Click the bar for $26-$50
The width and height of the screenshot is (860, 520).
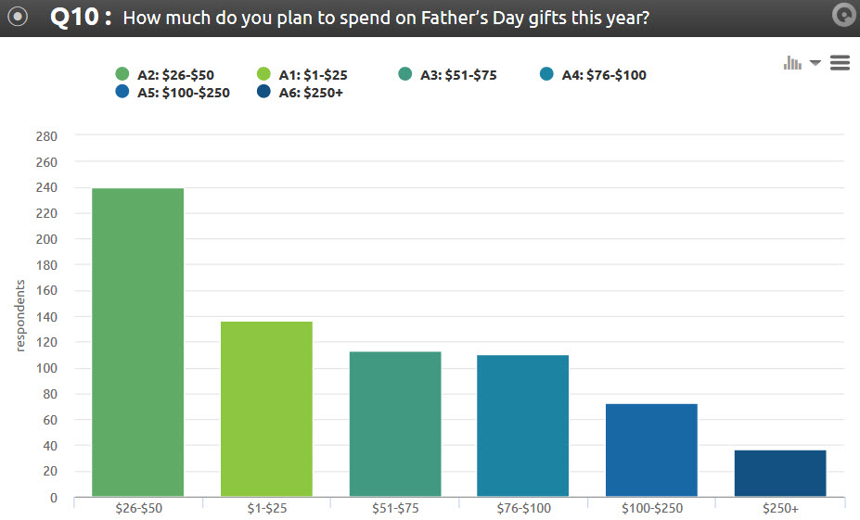(x=137, y=342)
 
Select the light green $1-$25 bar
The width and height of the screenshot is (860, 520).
(x=266, y=409)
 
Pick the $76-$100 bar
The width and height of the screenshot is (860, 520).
(x=522, y=425)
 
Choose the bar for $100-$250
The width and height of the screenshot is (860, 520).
(x=651, y=450)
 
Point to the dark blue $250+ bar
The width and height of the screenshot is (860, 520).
(x=779, y=473)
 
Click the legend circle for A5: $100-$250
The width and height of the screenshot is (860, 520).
(x=122, y=93)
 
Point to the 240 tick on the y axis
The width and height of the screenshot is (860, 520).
(x=45, y=187)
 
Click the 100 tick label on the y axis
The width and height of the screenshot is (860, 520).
(x=45, y=368)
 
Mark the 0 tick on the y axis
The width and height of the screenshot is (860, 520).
(x=53, y=498)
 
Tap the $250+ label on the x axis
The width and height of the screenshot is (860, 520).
(x=779, y=509)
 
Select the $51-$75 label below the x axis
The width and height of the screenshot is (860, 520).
(x=394, y=509)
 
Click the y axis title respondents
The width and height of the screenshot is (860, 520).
(x=19, y=315)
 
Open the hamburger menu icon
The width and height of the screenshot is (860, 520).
(x=840, y=62)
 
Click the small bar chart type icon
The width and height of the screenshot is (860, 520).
(x=792, y=62)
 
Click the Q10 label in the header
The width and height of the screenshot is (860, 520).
(x=80, y=18)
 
